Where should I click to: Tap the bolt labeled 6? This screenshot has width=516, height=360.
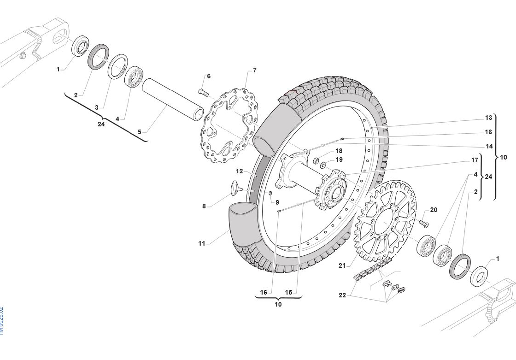click(203, 92)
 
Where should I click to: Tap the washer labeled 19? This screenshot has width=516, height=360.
click(323, 165)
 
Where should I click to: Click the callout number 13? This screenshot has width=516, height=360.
click(488, 118)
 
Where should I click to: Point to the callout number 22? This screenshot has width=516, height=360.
click(342, 295)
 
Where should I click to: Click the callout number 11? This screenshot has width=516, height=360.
click(202, 244)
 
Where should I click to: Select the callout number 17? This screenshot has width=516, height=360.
click(475, 160)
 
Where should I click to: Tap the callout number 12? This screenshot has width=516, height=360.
click(239, 171)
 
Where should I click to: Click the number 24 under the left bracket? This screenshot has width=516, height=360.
click(101, 124)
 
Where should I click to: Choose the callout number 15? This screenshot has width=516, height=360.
click(289, 292)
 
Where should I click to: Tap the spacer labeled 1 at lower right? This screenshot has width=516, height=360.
click(479, 275)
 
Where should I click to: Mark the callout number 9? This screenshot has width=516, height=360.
click(277, 202)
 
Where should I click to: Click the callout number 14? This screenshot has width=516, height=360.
click(489, 146)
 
